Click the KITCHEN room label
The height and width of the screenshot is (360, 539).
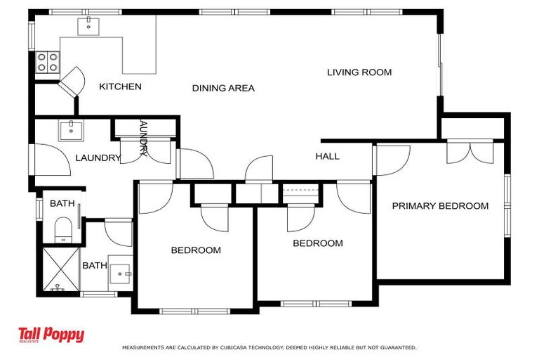(120, 86)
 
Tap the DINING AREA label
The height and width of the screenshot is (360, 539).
(223, 88)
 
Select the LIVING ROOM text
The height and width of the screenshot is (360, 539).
(359, 72)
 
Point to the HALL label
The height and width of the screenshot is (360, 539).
(327, 156)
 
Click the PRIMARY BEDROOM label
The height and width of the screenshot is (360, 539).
(440, 206)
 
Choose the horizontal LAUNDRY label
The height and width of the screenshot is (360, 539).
(98, 158)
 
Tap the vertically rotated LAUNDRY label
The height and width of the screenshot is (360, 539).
(143, 138)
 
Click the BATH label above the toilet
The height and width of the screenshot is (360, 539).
(62, 204)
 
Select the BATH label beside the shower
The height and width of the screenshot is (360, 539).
(95, 266)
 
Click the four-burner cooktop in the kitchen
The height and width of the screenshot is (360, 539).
(48, 63)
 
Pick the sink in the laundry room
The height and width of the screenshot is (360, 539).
(71, 129)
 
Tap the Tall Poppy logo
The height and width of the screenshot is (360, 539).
(51, 335)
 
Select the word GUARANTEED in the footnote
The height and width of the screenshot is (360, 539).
(397, 347)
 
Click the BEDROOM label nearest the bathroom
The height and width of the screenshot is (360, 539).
(196, 250)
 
